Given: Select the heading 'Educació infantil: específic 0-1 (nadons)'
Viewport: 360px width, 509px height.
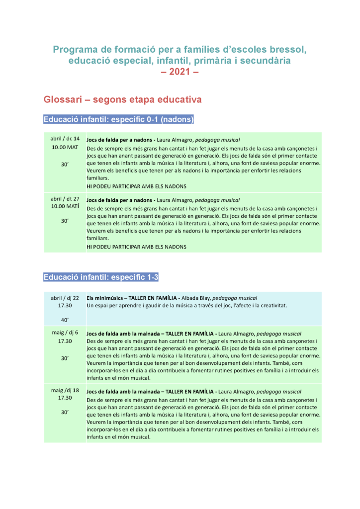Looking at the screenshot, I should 118,120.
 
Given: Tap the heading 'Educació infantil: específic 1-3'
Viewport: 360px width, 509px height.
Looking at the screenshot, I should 101,277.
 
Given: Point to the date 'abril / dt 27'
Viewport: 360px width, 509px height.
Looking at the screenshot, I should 65,198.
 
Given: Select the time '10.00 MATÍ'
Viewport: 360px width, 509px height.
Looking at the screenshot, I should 65,206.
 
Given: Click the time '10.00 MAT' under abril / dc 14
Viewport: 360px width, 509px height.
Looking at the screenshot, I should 65,147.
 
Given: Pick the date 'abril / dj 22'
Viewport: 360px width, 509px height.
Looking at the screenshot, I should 65,298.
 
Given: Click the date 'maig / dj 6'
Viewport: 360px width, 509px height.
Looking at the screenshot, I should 65,333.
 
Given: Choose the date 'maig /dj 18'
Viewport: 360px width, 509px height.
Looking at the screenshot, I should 65,390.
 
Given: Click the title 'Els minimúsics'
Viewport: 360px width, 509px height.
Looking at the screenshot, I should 106,298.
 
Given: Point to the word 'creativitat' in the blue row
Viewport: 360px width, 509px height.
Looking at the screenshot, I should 272,305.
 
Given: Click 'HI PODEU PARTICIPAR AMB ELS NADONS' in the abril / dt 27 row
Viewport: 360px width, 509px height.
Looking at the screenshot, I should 136,247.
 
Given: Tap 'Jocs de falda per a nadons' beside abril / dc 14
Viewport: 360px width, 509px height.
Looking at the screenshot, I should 119,140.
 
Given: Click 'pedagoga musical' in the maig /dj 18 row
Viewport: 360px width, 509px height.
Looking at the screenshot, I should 279,392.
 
